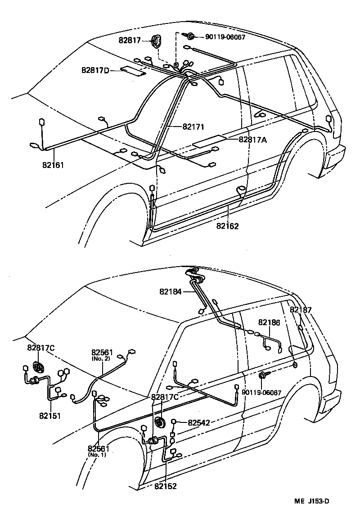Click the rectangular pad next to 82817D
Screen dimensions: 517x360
134,71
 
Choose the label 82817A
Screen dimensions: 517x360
252,140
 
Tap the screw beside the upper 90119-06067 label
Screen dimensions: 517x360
190,36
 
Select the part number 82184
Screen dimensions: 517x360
170,292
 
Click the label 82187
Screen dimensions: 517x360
301,310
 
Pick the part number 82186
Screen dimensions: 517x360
269,322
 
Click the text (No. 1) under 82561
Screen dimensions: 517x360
98,454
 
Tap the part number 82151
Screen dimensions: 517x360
50,416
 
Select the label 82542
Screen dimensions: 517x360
199,422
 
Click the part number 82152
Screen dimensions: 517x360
165,486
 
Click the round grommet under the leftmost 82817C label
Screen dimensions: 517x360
39,367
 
